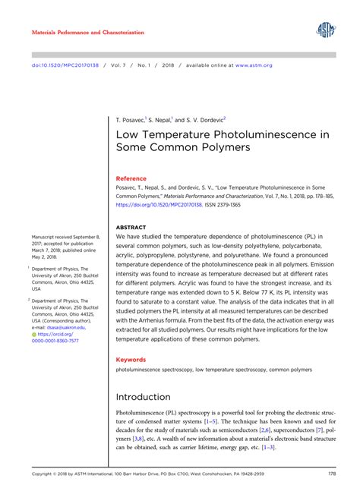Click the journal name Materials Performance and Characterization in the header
87,33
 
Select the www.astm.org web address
254,66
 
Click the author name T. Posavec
130,120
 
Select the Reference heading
131,178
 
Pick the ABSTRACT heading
130,227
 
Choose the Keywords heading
131,359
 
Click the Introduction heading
143,397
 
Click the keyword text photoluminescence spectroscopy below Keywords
153,370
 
